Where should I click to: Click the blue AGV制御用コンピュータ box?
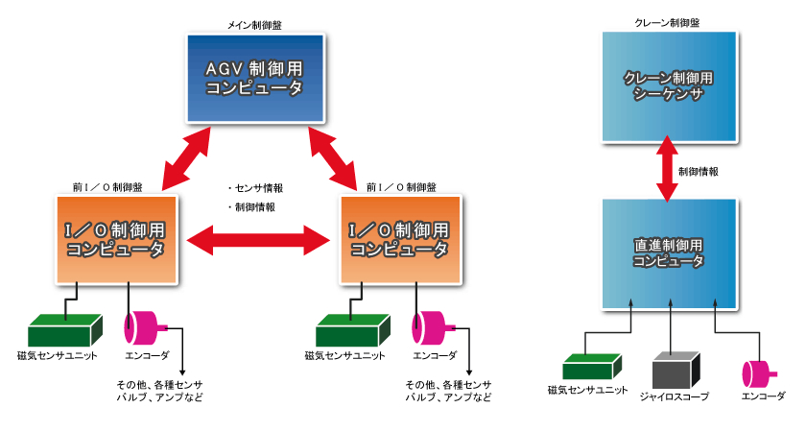pyautogui.click(x=254, y=78)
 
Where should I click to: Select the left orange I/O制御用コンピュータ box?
pyautogui.click(x=115, y=239)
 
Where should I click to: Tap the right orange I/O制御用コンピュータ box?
pyautogui.click(x=399, y=239)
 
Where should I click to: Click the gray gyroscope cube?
pyautogui.click(x=673, y=370)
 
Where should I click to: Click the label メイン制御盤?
pyautogui.click(x=254, y=22)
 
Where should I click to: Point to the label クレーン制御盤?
pyautogui.click(x=669, y=21)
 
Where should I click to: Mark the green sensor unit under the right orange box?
pyautogui.click(x=350, y=330)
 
